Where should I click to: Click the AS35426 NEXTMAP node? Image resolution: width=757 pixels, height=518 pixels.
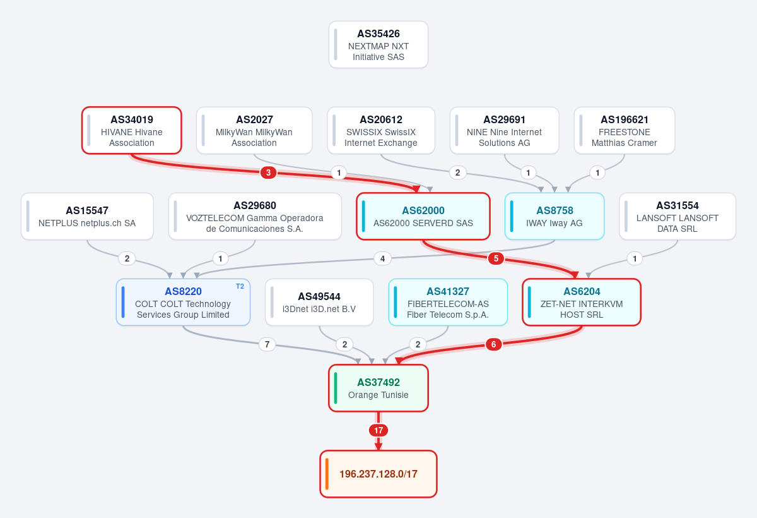point(378,45)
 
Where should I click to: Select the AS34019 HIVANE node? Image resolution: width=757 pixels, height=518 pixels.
point(131,131)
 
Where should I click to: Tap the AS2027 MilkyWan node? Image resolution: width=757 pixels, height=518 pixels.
point(254,131)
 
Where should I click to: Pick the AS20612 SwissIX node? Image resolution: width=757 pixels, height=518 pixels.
point(381,131)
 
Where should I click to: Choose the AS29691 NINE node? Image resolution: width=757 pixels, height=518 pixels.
point(504,131)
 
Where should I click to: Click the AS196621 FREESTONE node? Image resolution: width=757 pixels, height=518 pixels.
point(624,131)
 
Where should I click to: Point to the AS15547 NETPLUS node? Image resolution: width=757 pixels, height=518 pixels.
point(87,217)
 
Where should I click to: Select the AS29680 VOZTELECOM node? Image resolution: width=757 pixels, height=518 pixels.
point(255,217)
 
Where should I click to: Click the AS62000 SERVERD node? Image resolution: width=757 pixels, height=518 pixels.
point(423,217)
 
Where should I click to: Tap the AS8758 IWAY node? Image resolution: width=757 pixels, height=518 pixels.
point(555,217)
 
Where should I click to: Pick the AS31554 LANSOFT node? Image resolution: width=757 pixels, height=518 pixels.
point(678,217)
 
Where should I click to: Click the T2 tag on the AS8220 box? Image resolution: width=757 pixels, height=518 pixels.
point(240,287)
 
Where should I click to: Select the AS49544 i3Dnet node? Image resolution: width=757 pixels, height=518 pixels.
point(319,303)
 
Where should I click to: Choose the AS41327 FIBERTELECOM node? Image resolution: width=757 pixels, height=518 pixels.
point(448,303)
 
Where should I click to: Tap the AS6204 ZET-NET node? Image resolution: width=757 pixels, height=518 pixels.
point(582,303)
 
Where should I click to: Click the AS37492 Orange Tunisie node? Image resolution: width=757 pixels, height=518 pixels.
point(378,388)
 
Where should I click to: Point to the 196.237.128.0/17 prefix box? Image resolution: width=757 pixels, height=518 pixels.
point(378,474)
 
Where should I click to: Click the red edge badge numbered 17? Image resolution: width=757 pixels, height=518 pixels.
point(378,430)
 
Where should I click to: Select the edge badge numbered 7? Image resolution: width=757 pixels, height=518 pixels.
point(267,344)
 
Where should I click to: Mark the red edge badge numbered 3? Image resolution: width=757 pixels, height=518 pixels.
point(268,172)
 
